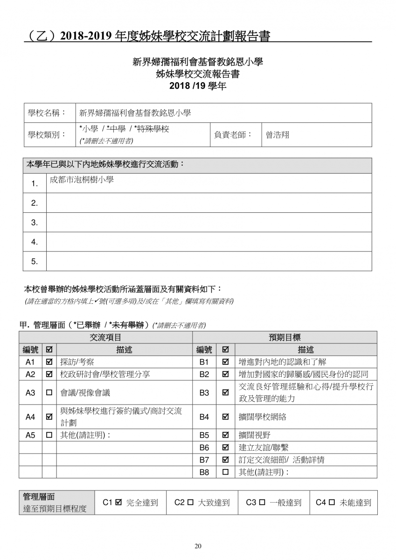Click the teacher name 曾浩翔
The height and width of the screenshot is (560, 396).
coord(278,135)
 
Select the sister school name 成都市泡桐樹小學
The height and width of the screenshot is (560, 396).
coord(82,180)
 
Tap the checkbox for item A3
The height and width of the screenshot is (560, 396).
coord(49,393)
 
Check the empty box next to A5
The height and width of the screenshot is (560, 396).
coord(49,435)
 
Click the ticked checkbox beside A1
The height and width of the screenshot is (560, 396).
coord(49,362)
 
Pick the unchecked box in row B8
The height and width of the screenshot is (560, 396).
coord(225,472)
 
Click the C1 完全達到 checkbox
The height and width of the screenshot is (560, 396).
coord(118,503)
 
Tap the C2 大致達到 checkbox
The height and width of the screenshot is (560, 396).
coord(190,503)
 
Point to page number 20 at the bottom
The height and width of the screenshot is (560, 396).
coord(198,546)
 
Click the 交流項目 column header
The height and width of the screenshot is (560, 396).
coord(105,337)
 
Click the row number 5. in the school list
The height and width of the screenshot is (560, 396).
coord(35,261)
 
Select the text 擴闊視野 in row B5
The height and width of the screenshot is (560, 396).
coord(254,435)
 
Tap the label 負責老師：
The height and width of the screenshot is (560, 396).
coord(233,135)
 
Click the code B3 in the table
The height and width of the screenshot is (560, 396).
coord(204,393)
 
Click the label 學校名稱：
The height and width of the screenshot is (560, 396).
coord(47,112)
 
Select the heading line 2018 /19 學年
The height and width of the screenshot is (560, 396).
coord(198,86)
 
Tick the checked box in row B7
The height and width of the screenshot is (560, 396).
coord(225,460)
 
